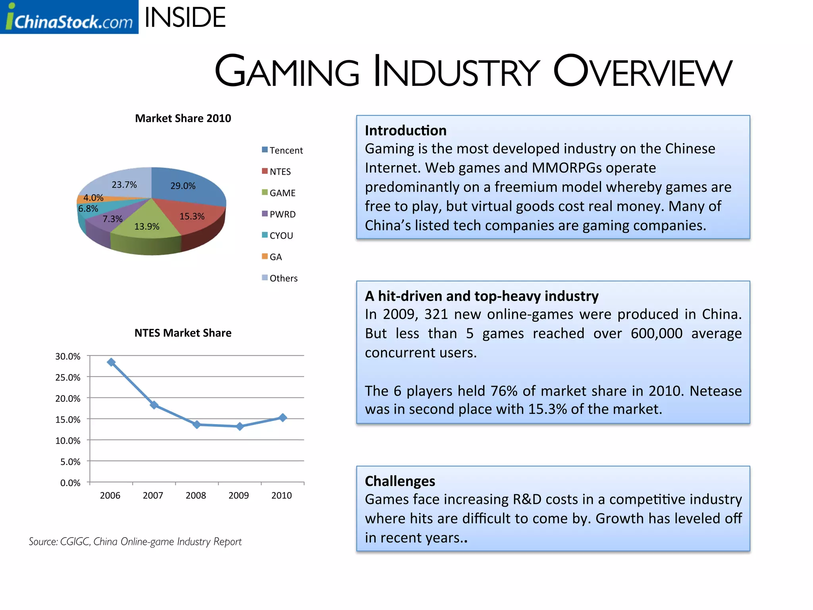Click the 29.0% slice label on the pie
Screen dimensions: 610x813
pos(183,186)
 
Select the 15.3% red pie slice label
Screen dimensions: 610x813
pos(192,216)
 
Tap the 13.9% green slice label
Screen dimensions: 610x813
pos(147,227)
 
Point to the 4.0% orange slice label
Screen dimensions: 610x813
pos(93,198)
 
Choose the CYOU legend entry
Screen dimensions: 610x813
pos(281,236)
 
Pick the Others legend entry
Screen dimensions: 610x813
pos(283,278)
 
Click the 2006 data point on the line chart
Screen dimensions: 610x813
pos(112,362)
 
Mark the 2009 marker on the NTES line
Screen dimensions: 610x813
pos(240,427)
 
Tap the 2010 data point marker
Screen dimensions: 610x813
pos(283,418)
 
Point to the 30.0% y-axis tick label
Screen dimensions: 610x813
pos(68,357)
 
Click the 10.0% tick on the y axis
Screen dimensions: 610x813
pos(68,441)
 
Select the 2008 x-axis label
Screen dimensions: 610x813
pos(196,496)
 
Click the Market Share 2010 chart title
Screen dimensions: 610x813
pos(183,118)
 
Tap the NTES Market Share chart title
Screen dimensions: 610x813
pos(183,333)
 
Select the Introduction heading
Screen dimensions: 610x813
pos(405,131)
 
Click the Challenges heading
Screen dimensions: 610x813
pos(400,481)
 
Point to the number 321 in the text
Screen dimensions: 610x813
pos(436,315)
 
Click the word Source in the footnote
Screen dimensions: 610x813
pos(43,542)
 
